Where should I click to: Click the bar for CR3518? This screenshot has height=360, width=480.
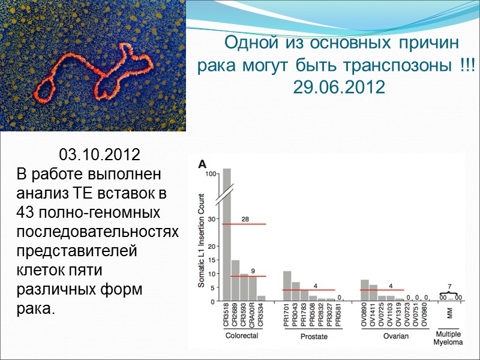[x=227, y=234]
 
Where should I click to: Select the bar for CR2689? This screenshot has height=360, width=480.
[x=235, y=280]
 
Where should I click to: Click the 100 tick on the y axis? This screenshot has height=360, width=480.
[x=210, y=174]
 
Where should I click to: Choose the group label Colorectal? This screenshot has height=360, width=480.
[x=241, y=336]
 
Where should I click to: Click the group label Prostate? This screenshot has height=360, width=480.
[x=314, y=337]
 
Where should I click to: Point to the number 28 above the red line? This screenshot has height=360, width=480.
[x=245, y=219]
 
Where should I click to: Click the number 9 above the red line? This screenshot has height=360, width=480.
[x=253, y=271]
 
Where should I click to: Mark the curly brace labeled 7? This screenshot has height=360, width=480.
[x=450, y=292]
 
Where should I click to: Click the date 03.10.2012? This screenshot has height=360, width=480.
[x=100, y=154]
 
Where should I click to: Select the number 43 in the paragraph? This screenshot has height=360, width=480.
[x=26, y=213]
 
